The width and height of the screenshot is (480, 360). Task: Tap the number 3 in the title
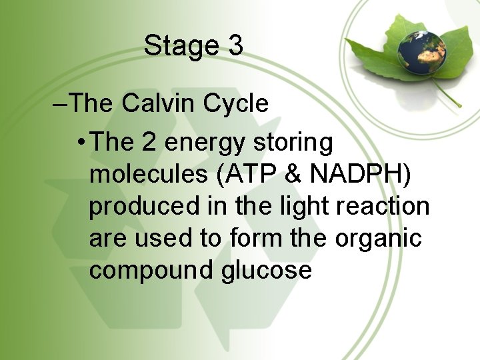click(x=235, y=46)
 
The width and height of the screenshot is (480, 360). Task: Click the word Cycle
click(x=235, y=105)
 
